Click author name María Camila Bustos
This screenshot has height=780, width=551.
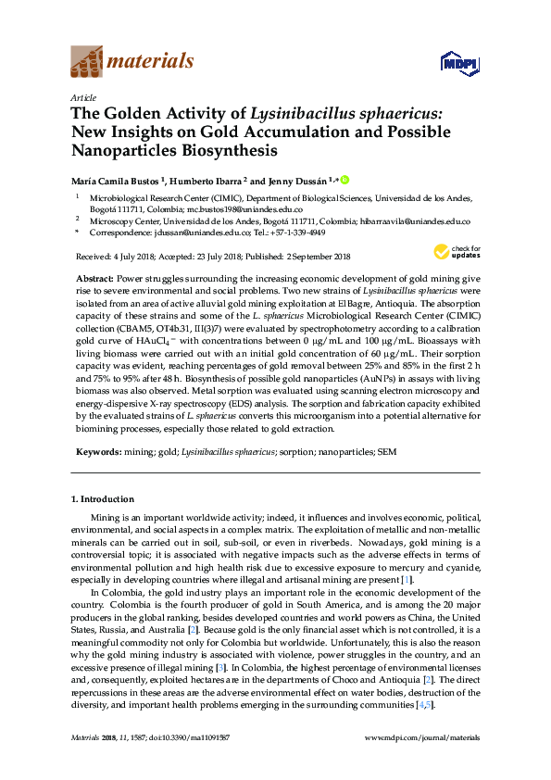click(x=115, y=179)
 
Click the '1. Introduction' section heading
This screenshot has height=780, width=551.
click(x=104, y=499)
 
